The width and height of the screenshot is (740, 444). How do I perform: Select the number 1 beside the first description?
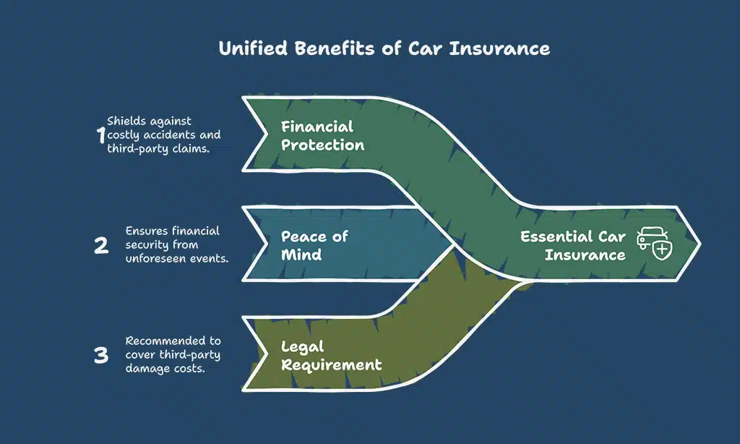pos(100,135)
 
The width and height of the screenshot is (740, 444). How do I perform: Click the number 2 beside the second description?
pos(101,245)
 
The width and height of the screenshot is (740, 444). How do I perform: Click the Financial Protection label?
pos(322,135)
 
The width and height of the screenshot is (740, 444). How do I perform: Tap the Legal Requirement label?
pos(331,355)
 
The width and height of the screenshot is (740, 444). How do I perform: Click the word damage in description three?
pos(144,367)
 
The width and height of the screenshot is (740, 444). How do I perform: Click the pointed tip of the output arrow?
pos(698,243)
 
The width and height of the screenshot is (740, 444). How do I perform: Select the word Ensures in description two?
pos(147,231)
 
